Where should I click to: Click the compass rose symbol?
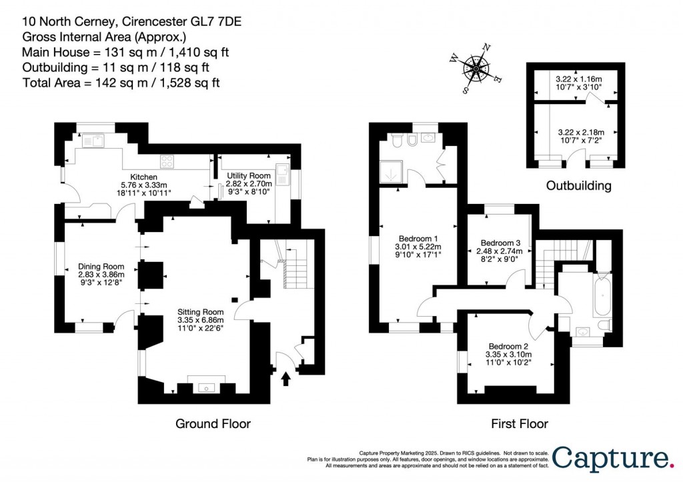pos(478,66)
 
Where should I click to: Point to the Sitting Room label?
pos(200,311)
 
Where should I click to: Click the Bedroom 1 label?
pos(418,238)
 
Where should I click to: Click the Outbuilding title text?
pos(578,186)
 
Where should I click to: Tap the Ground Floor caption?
pos(213,423)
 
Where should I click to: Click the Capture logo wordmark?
pos(612,459)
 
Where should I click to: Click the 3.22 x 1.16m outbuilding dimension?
pos(578,78)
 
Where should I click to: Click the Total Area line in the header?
pos(121,83)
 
